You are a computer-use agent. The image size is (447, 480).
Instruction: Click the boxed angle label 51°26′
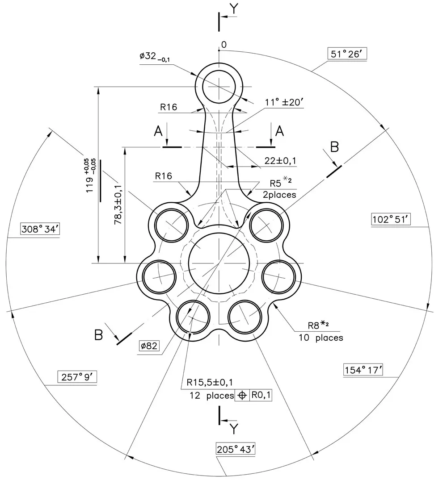(347, 54)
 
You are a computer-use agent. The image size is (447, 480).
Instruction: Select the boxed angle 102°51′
(391, 220)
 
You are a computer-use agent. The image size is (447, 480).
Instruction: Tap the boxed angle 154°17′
(363, 370)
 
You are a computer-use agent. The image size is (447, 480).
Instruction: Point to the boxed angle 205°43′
(235, 449)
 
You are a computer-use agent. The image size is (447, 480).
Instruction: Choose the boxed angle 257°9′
(77, 377)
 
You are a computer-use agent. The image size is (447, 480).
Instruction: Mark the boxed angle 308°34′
(40, 229)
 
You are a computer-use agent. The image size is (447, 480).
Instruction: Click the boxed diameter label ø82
(149, 346)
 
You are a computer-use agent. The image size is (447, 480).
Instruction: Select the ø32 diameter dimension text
(155, 57)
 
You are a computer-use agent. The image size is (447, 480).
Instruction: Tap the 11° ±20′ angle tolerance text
(284, 102)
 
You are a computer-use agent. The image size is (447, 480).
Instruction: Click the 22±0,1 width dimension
(280, 161)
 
